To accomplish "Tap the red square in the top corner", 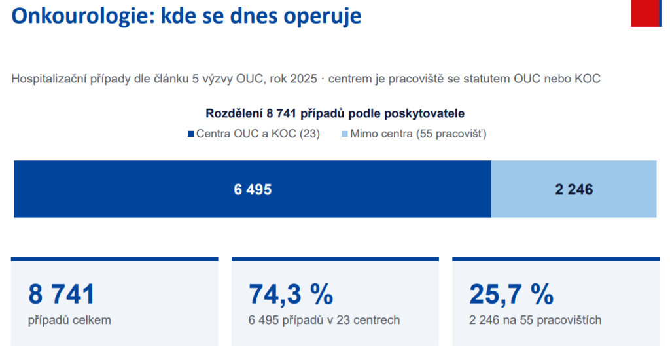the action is point(644,13).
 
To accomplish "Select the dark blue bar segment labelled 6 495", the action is point(253,189).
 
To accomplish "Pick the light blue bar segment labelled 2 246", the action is point(574,189).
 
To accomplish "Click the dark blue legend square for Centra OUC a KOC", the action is point(190,134).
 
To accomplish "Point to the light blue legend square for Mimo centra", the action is point(344,134).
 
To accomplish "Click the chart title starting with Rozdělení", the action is point(335,113).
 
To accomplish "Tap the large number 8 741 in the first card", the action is point(62,294).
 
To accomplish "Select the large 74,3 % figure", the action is point(291,295).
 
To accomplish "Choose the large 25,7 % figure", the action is point(511,295).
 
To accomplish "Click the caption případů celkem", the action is point(69,320).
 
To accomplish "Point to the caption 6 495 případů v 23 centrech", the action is point(325,320).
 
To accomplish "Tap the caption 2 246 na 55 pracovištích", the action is point(535,320).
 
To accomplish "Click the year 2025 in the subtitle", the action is point(304,79).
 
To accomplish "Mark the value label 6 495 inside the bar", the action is point(253,189).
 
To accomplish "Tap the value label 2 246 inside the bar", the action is point(574,189).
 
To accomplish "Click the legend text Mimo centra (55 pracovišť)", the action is point(418,134).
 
